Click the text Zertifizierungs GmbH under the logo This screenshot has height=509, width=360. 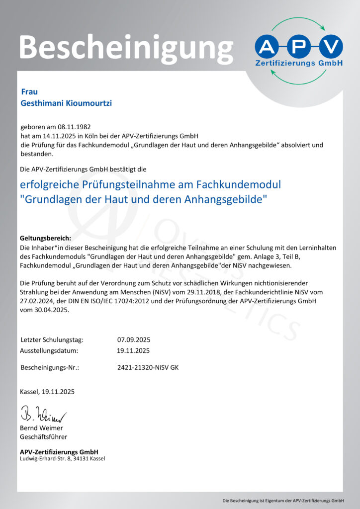pos(298,64)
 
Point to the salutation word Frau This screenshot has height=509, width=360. pos(29,91)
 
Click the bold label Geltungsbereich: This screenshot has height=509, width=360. pos(46,238)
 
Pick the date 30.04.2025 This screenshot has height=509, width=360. pos(49,310)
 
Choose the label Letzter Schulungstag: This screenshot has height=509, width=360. pos(52,340)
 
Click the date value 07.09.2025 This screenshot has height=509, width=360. pos(134,340)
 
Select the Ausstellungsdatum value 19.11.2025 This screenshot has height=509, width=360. pos(134,350)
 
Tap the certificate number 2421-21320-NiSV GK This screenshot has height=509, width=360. pos(148,368)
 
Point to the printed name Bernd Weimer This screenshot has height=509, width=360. pos(41,428)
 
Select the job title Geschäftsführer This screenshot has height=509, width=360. pos(43,437)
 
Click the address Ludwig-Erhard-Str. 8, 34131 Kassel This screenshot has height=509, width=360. pos(62,458)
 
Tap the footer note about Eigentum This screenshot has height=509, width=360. pos(283,500)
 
